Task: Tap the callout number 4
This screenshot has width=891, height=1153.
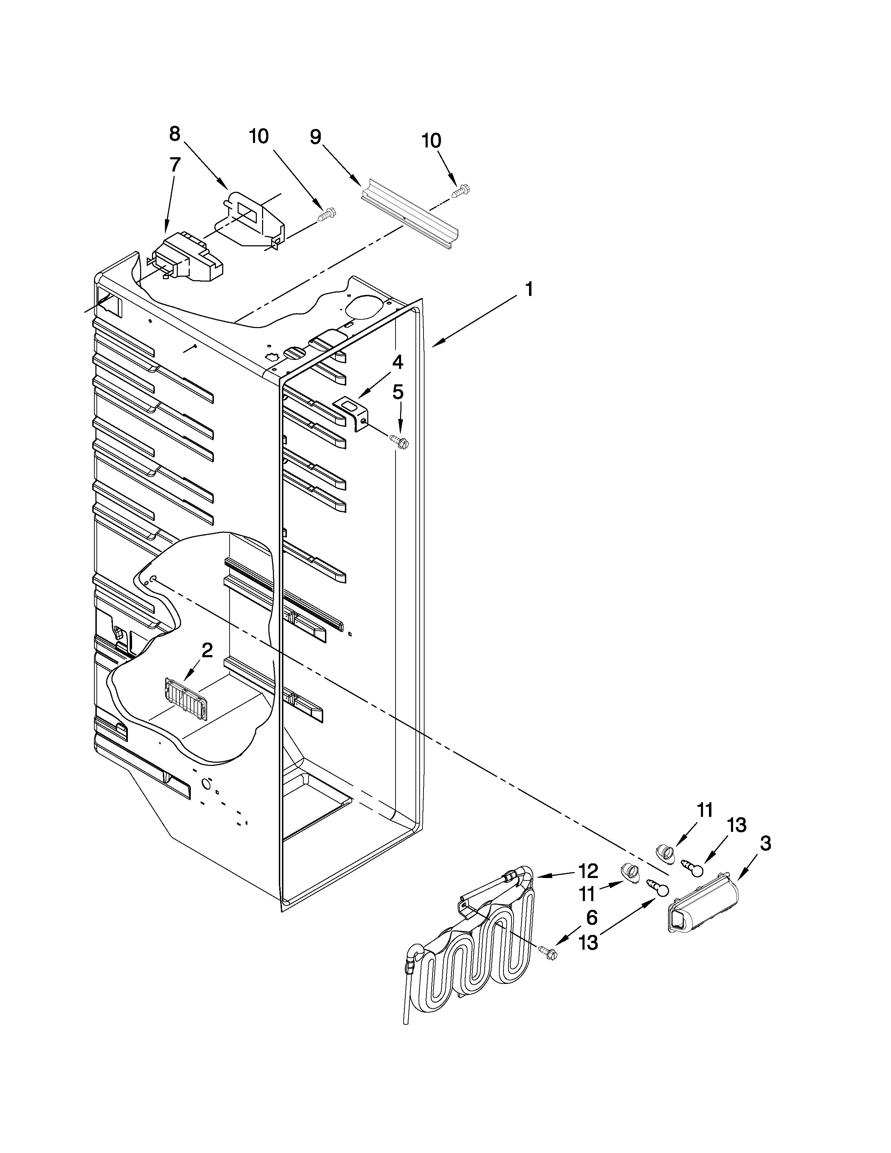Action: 397,362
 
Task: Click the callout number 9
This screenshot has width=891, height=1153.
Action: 315,137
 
